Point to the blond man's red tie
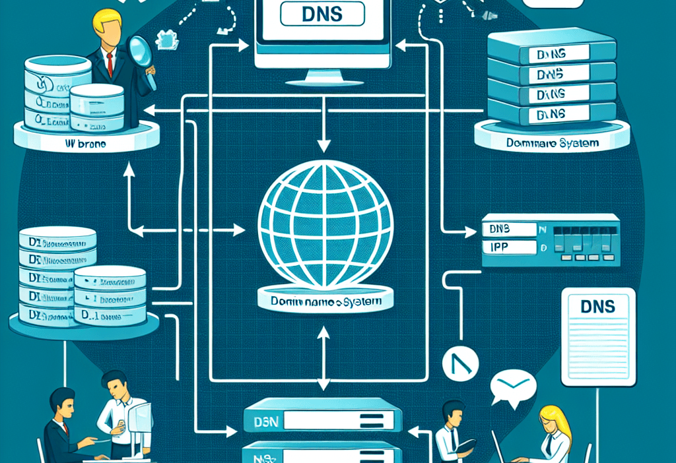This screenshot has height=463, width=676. (x=110, y=63)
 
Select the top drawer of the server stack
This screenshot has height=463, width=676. (x=551, y=53)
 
